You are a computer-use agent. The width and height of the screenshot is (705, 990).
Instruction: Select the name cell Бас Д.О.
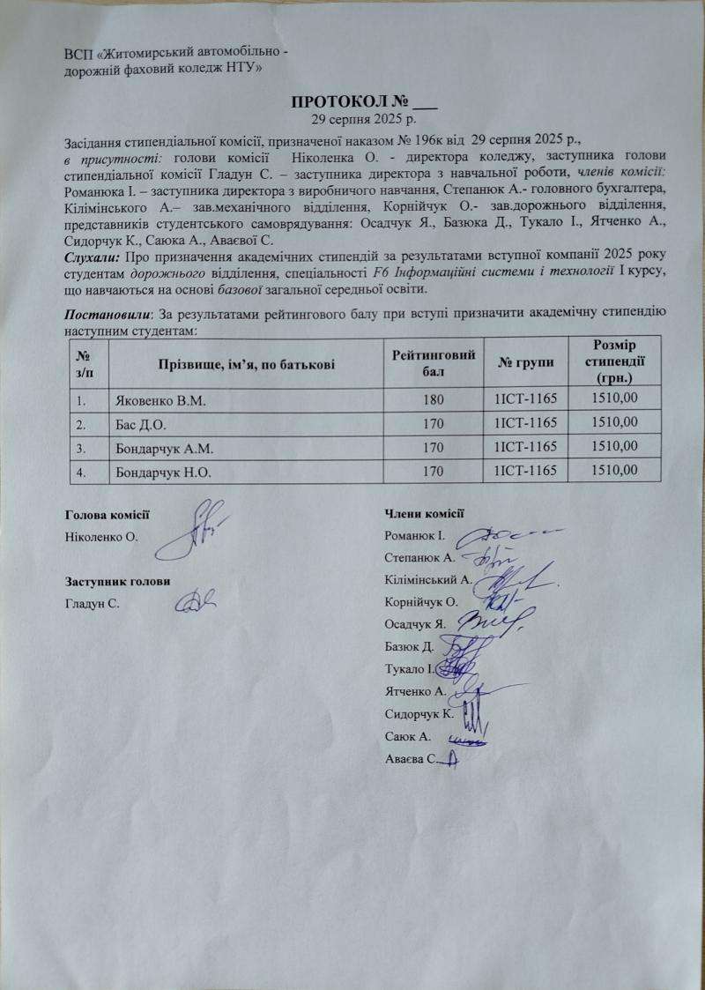[136, 424]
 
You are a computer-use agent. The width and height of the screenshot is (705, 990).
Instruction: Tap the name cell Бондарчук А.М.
[165, 448]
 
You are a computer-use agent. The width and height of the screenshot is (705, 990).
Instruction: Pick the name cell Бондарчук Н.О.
[165, 472]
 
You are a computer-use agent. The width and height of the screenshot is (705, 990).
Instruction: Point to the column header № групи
[527, 362]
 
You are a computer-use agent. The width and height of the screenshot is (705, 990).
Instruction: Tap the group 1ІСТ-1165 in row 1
[527, 400]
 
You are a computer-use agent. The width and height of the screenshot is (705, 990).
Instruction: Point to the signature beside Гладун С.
[196, 602]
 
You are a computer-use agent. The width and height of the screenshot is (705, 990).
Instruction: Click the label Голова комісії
[107, 514]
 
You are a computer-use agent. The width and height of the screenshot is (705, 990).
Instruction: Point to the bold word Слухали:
[94, 257]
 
